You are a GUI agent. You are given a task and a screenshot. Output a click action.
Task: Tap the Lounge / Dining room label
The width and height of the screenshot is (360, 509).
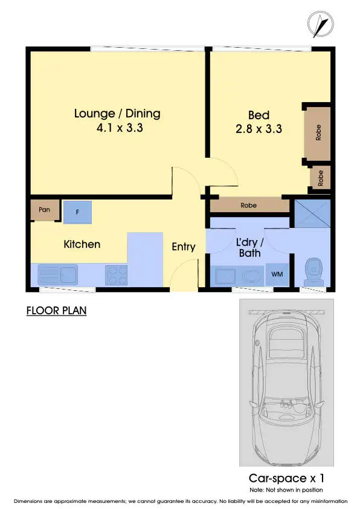117,114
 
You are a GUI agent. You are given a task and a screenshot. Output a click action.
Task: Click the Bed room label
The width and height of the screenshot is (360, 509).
259,115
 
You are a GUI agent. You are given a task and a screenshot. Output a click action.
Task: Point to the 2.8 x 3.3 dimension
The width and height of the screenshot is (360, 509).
259,128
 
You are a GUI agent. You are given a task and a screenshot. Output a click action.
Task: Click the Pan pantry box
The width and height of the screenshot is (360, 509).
44,210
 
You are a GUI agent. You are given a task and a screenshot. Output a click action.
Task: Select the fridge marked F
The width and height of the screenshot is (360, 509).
77,212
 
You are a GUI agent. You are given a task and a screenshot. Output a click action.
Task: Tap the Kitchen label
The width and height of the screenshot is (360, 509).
82,244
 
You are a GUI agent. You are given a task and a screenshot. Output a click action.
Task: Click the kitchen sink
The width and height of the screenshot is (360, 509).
57,275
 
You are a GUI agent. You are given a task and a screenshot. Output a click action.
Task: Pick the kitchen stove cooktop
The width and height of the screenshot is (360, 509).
116,275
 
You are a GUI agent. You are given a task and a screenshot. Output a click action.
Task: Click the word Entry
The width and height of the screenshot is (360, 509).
184,247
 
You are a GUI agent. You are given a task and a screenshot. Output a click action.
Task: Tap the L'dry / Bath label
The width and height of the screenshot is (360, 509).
249,247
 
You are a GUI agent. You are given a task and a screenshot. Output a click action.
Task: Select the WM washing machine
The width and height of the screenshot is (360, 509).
277,275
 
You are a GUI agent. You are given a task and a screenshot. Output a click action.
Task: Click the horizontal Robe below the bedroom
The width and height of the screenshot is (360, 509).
249,206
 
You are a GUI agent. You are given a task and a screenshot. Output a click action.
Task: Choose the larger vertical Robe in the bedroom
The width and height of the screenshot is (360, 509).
318,133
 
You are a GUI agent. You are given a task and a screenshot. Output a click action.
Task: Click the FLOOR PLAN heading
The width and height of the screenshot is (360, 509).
57,311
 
